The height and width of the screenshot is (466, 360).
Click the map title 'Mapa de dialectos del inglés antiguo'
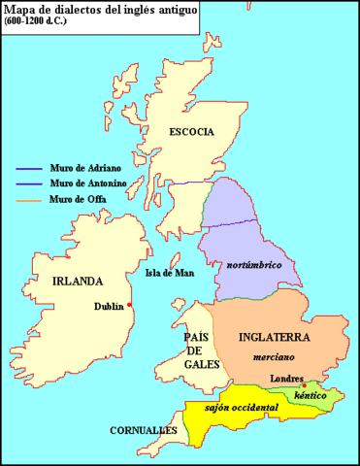point(99,12)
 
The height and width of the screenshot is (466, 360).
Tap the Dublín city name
point(109,306)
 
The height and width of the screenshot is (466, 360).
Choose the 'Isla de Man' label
point(167,273)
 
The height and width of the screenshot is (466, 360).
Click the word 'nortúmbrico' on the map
point(256,264)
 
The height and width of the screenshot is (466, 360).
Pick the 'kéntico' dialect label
point(311,397)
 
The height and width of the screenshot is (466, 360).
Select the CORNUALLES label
point(143,429)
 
